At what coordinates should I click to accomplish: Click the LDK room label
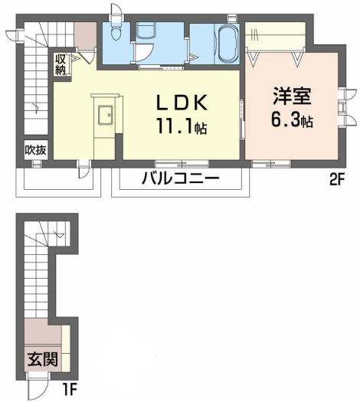(x=182, y=103)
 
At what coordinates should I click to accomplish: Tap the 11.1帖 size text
(x=182, y=126)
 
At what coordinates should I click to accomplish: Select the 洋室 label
(x=292, y=96)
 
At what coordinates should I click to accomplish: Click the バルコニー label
(x=181, y=178)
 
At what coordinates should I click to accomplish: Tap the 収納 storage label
(x=61, y=65)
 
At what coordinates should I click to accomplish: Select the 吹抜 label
(x=36, y=150)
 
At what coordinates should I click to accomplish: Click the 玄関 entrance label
(x=43, y=359)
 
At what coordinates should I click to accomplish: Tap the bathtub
(x=227, y=44)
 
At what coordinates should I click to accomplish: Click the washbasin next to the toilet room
(x=146, y=31)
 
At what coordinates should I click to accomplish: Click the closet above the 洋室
(x=276, y=35)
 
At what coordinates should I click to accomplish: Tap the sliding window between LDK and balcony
(x=182, y=163)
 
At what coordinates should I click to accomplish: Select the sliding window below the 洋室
(x=271, y=163)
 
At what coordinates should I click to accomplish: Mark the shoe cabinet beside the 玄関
(x=66, y=348)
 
